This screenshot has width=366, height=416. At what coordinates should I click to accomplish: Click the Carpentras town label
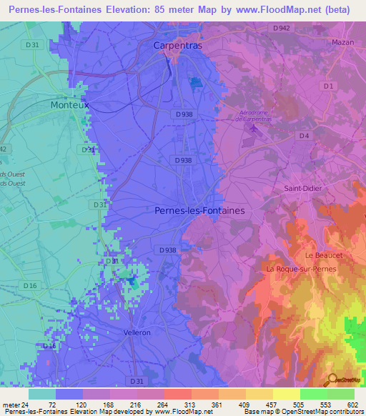178,45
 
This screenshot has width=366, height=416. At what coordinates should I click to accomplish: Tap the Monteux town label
70,104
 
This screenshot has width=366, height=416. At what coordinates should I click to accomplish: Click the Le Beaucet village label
320,254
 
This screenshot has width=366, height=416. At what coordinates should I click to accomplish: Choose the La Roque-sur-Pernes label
300,269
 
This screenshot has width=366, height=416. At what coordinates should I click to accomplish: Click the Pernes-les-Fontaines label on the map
199,211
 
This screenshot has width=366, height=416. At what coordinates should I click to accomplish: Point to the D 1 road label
328,86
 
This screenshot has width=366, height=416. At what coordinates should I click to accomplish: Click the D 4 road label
304,135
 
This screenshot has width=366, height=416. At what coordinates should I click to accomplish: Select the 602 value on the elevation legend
351,404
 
